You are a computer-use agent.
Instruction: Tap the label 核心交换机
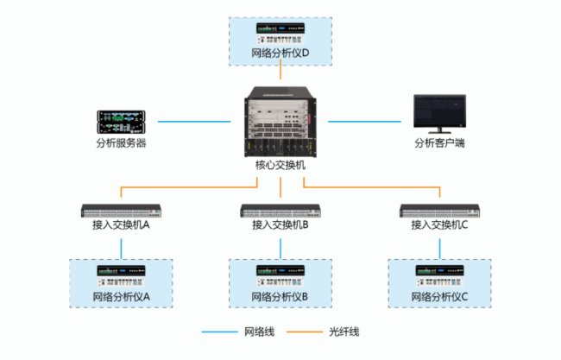click(280, 164)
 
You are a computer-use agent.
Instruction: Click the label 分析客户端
click(439, 142)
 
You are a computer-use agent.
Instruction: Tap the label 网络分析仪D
click(280, 54)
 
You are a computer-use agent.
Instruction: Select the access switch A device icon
click(121, 210)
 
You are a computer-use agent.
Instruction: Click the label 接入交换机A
click(121, 224)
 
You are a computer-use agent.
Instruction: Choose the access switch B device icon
click(280, 210)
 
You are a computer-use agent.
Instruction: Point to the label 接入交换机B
click(280, 224)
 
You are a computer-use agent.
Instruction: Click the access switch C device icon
click(439, 210)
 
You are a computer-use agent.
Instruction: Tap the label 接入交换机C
click(439, 224)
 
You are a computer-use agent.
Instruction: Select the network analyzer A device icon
click(121, 275)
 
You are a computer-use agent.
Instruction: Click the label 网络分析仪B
click(280, 296)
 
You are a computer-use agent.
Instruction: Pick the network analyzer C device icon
click(439, 275)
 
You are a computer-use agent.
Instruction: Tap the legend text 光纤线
click(344, 332)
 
